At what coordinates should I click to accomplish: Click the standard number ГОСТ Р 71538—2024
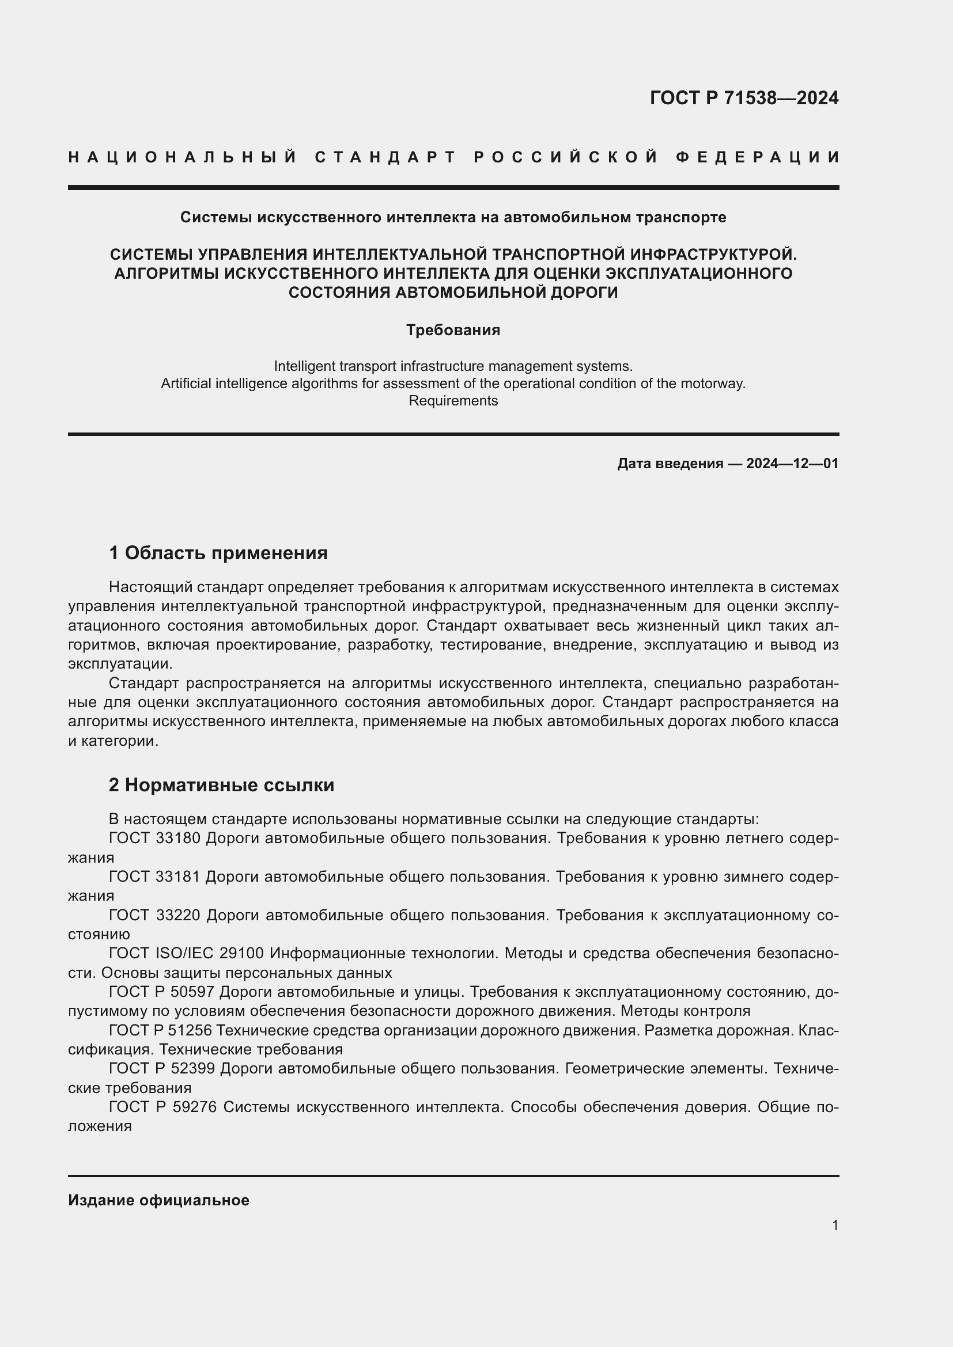(743, 98)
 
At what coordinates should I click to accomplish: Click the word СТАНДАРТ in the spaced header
(385, 157)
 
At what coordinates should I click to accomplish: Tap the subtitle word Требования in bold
(453, 331)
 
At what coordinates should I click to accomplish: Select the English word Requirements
(453, 401)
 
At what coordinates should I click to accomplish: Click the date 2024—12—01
(792, 464)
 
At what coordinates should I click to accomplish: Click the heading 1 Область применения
(218, 553)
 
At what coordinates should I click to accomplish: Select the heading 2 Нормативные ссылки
(221, 785)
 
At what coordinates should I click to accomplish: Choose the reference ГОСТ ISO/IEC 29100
(186, 953)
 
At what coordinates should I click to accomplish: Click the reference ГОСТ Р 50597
(162, 992)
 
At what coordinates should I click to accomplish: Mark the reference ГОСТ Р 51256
(162, 1030)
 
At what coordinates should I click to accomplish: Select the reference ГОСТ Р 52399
(162, 1069)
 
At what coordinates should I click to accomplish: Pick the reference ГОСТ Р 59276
(162, 1107)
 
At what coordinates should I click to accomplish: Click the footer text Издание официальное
(158, 1200)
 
